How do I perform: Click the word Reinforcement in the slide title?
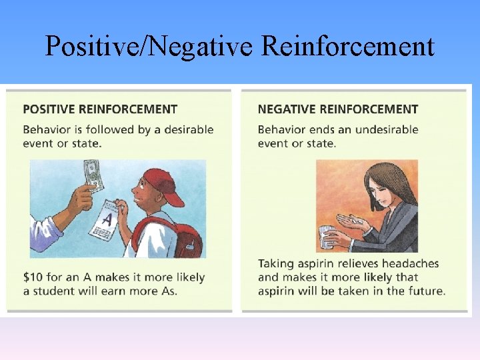click(348, 47)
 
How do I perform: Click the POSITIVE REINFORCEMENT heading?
click(100, 109)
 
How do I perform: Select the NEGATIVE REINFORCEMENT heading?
click(338, 109)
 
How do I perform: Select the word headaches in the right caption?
click(414, 263)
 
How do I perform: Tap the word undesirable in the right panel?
click(386, 129)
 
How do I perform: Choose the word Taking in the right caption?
click(275, 263)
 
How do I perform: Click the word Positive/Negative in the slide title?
click(150, 47)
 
